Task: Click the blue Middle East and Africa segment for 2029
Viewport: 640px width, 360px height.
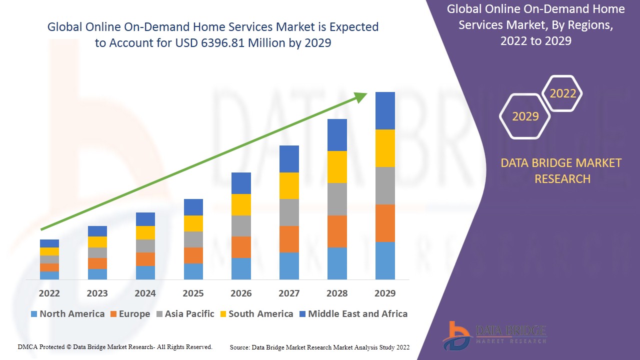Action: tap(385, 110)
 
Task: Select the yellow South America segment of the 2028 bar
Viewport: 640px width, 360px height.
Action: tap(337, 167)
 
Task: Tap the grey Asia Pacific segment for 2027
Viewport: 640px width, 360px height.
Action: tap(289, 212)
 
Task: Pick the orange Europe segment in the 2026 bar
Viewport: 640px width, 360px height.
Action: tap(241, 247)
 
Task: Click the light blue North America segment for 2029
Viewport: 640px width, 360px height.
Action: tap(385, 260)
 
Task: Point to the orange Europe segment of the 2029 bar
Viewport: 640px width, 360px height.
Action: tap(385, 223)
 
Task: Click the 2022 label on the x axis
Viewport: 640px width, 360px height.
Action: tap(49, 293)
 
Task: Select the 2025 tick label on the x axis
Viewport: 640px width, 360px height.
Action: tap(193, 293)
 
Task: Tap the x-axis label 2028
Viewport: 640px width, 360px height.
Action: tap(337, 293)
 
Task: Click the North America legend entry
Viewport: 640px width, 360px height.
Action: tap(67, 314)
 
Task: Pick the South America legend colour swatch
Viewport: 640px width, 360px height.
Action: tap(223, 314)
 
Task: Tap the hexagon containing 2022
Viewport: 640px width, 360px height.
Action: tap(562, 93)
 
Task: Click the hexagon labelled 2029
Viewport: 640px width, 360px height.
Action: tap(525, 116)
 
